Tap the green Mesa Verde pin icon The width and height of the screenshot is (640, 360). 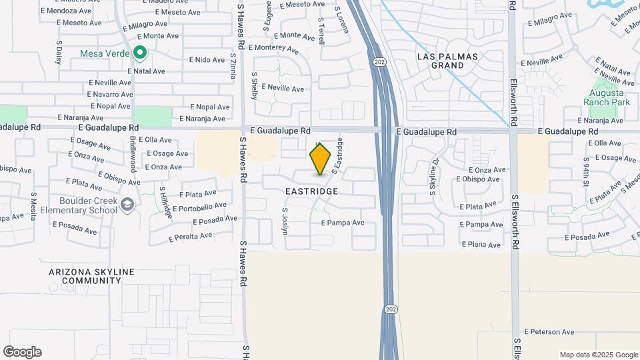[x=139, y=52]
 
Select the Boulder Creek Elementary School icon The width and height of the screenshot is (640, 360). [x=127, y=205]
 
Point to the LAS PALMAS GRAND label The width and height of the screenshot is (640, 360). [x=447, y=61]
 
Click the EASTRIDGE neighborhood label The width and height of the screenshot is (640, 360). [x=311, y=191]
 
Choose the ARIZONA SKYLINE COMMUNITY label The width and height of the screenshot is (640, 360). [x=91, y=277]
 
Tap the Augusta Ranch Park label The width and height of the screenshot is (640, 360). [x=606, y=98]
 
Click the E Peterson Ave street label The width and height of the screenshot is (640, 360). [x=549, y=332]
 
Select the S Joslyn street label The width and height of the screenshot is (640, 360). [x=285, y=224]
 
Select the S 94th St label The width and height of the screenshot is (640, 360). [x=586, y=171]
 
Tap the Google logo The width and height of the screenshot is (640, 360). [x=22, y=352]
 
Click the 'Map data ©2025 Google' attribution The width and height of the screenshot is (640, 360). [x=598, y=355]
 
